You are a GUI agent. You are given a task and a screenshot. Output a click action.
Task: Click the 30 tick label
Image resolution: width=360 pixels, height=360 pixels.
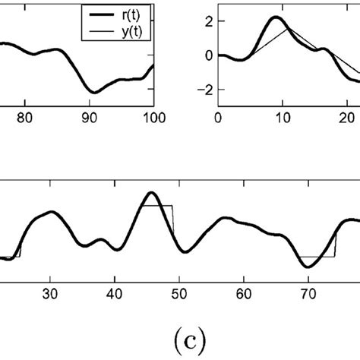[49, 292]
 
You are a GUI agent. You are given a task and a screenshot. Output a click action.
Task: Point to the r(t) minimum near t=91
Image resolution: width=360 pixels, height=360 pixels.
[91, 92]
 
